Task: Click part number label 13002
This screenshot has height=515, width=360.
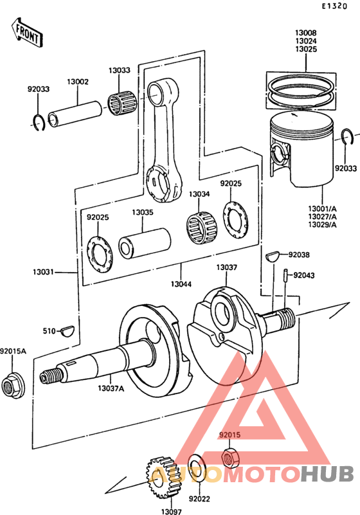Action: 78,82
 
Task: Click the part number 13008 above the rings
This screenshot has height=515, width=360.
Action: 306,32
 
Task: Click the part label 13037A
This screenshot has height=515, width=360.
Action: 111,388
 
